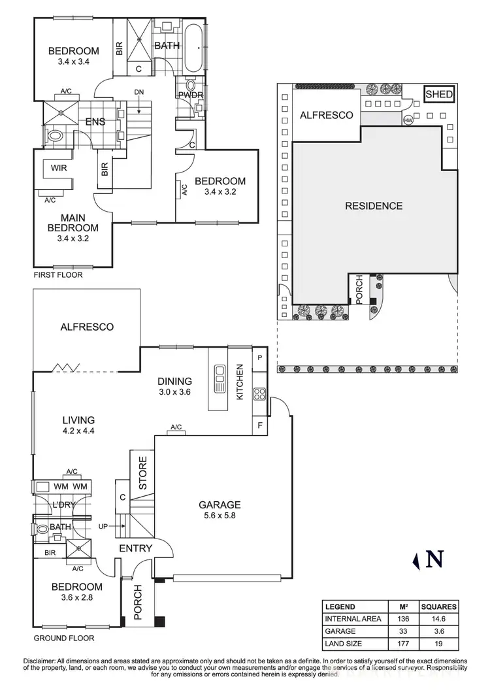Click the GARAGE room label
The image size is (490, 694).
pyautogui.click(x=220, y=504)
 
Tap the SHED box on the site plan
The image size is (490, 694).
pyautogui.click(x=439, y=95)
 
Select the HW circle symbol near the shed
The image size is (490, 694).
pyautogui.click(x=408, y=120)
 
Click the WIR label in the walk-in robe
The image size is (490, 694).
pyautogui.click(x=61, y=168)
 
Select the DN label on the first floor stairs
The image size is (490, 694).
pyautogui.click(x=139, y=92)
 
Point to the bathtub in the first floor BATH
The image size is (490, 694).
pyautogui.click(x=194, y=47)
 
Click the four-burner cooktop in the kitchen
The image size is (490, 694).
pyautogui.click(x=259, y=393)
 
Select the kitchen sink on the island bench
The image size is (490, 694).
pyautogui.click(x=217, y=377)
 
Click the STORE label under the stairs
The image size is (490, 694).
pyautogui.click(x=142, y=471)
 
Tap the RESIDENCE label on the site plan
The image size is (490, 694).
pyautogui.click(x=374, y=206)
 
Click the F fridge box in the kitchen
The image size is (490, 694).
pyautogui.click(x=261, y=425)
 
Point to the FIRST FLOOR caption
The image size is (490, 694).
pyautogui.click(x=58, y=275)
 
